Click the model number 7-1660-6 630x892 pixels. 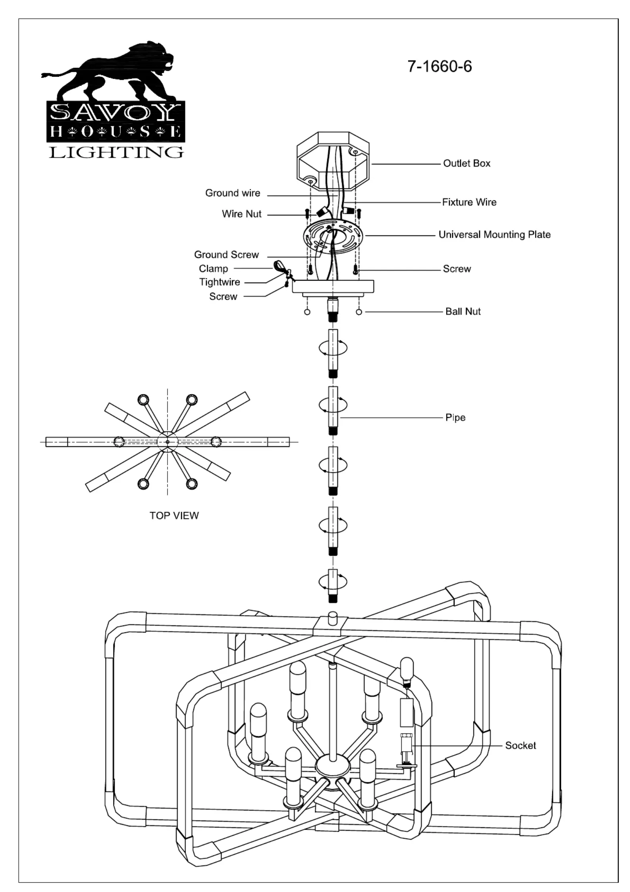[x=439, y=66]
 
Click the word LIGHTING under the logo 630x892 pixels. [x=116, y=152]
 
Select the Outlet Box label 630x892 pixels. [x=466, y=163]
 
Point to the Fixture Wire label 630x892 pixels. [x=469, y=202]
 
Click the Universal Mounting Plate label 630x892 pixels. [x=494, y=234]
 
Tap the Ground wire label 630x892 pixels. [x=233, y=193]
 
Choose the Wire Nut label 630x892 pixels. [x=241, y=214]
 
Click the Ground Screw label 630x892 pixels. [x=226, y=255]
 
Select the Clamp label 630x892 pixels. [x=214, y=269]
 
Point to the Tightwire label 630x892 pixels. [x=220, y=282]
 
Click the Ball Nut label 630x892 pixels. [x=463, y=312]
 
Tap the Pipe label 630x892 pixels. [x=455, y=418]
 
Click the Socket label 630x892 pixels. [x=520, y=746]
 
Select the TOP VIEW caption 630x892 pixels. [x=174, y=516]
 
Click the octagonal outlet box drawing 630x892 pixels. [x=333, y=162]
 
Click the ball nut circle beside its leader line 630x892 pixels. [x=359, y=312]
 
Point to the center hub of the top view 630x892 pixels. [x=168, y=442]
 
